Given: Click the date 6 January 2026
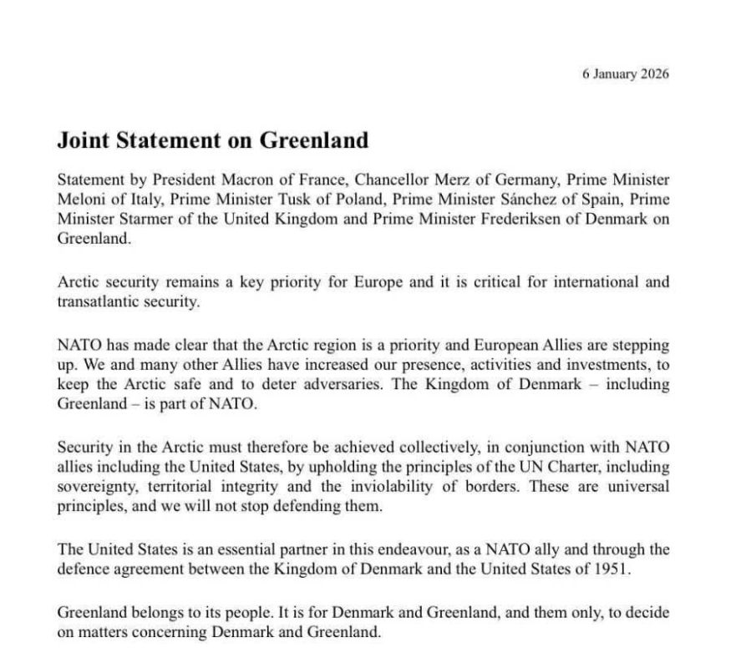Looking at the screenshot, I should [625, 73].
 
